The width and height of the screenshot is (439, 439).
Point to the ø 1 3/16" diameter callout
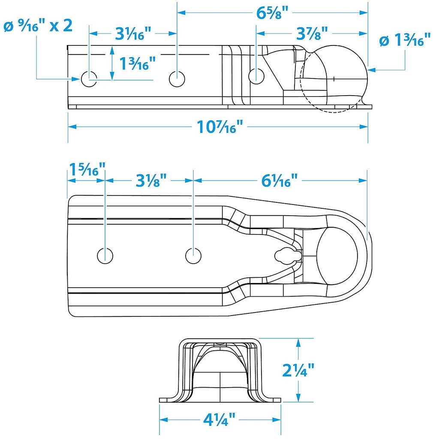pos(405,41)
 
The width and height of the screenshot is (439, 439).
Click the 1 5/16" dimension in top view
pos(86,170)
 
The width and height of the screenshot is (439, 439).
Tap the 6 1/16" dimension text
pos(279,180)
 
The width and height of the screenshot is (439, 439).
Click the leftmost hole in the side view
pos(89,78)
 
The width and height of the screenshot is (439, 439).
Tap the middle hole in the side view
pos(176,78)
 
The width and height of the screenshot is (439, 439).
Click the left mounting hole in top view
pos(105,255)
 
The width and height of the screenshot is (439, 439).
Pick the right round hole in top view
pos(193,255)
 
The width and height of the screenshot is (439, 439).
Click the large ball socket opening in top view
pos(337,255)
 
